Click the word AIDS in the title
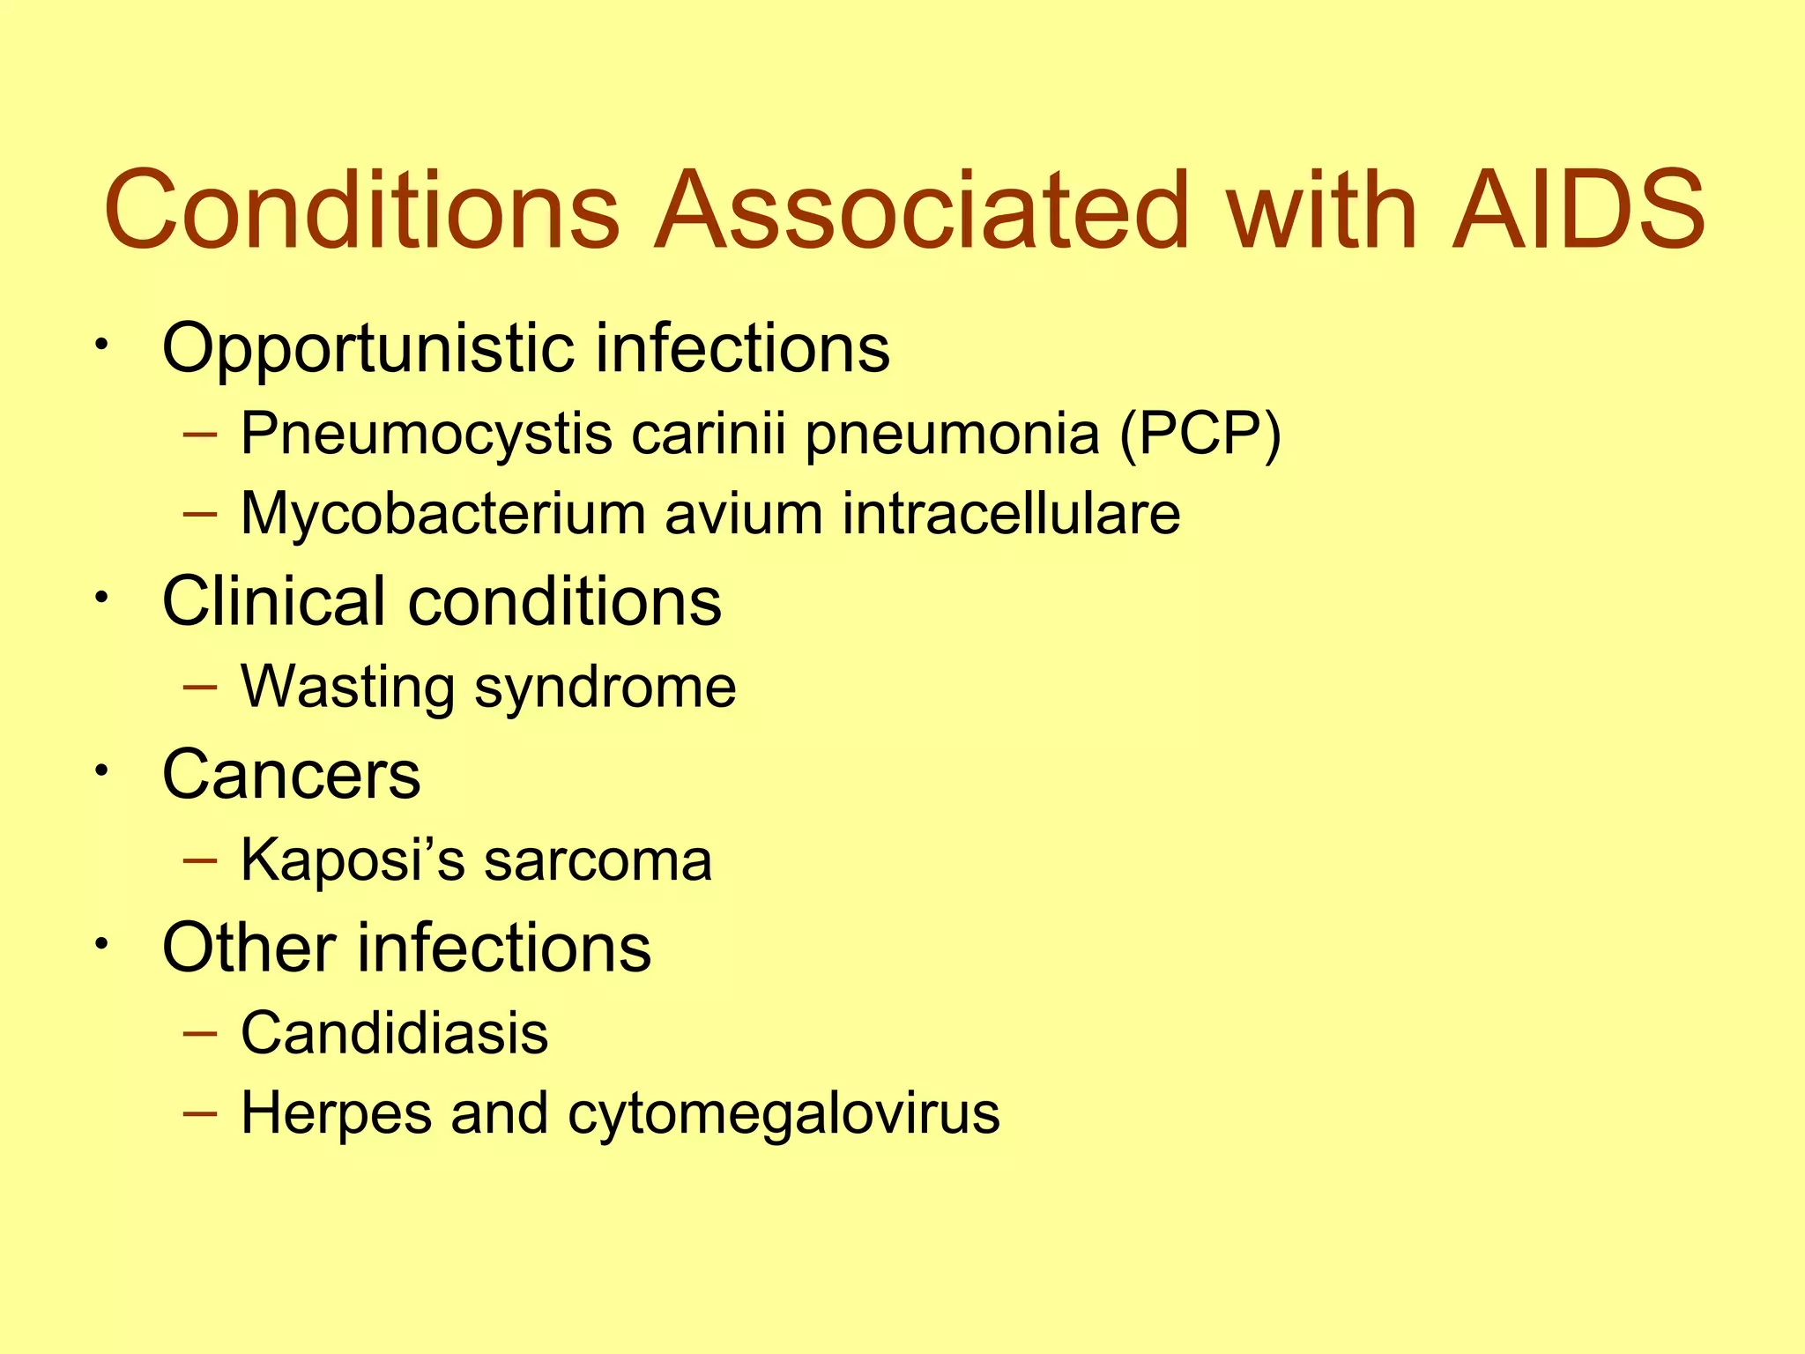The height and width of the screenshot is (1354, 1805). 1578,211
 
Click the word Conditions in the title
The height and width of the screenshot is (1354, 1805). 362,211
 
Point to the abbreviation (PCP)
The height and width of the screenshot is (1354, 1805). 1200,435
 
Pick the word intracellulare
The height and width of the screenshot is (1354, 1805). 1011,513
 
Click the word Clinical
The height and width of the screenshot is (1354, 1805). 274,601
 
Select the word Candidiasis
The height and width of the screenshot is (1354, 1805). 394,1033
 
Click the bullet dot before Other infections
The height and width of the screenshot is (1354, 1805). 102,944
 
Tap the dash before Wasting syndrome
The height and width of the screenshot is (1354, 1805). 200,688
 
